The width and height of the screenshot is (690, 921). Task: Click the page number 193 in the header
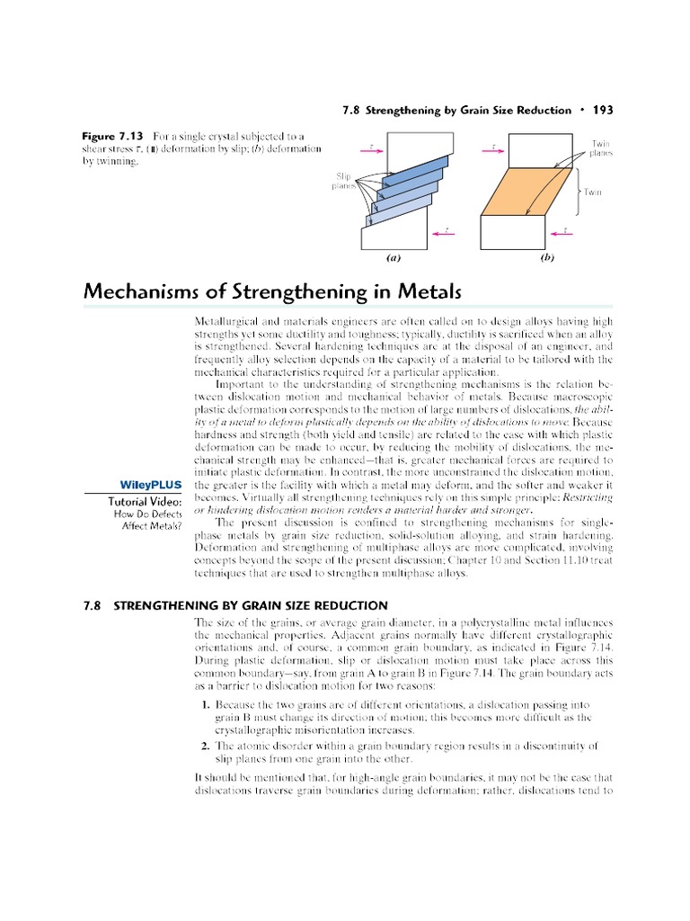tap(602, 110)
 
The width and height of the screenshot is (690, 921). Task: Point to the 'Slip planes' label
tap(344, 182)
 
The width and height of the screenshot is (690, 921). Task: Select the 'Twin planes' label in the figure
tap(601, 148)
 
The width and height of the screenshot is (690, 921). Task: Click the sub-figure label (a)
tap(393, 256)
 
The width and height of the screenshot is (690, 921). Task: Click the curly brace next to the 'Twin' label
tap(578, 192)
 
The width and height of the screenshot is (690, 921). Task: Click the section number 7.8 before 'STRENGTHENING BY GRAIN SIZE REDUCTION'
tap(94, 605)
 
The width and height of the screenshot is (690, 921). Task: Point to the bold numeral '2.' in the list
tap(206, 746)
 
